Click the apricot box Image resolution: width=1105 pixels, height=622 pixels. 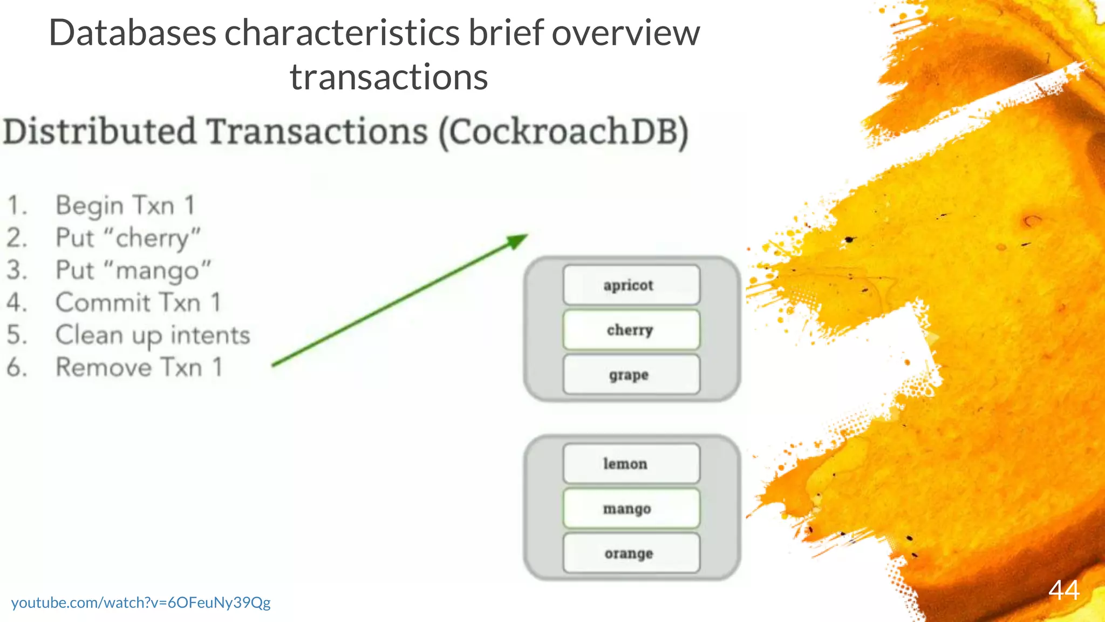631,285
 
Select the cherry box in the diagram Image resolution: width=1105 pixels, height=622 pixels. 631,330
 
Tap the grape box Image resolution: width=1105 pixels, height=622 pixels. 631,375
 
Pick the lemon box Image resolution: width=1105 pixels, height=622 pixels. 631,464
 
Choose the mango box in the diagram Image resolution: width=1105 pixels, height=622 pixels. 631,509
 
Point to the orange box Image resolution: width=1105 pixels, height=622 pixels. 631,553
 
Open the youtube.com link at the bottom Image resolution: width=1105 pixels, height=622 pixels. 141,603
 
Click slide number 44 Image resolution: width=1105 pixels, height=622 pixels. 1063,590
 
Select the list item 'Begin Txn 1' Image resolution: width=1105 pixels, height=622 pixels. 125,206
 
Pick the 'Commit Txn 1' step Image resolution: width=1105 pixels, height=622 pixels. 138,303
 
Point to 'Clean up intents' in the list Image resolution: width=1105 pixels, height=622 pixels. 153,335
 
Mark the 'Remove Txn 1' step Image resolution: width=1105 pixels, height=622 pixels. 139,368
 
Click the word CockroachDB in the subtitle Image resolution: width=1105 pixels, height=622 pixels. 563,132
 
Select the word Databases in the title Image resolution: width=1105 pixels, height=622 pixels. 133,33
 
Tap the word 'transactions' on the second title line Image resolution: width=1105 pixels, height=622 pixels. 388,77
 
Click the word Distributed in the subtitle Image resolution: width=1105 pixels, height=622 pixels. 100,132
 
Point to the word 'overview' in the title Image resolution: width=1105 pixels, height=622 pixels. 625,33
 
